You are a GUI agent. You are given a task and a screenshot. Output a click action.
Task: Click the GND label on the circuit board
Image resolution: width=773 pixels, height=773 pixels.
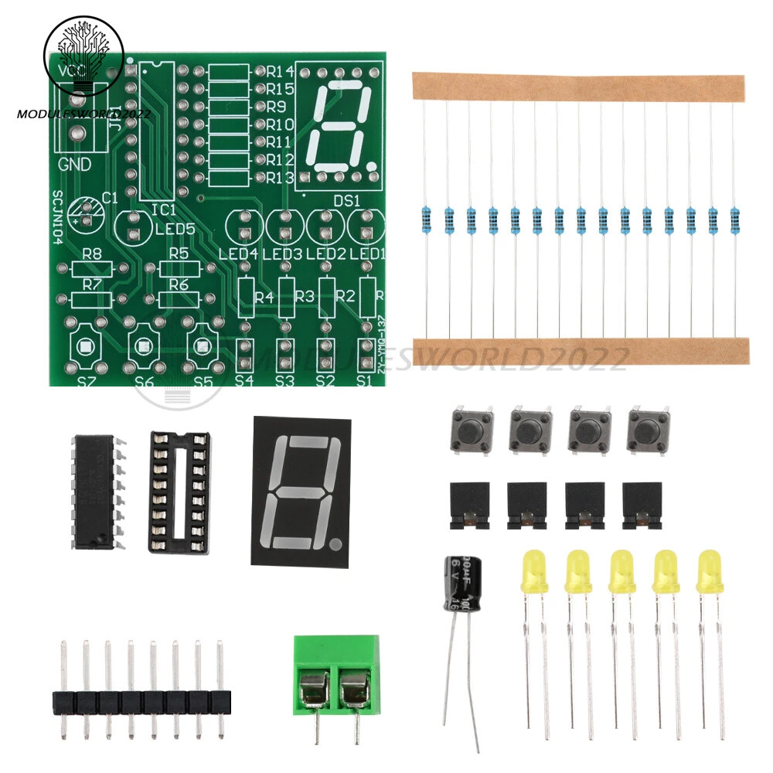click(x=75, y=165)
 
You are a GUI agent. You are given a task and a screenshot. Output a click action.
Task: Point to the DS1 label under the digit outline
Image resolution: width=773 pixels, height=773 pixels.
click(x=347, y=199)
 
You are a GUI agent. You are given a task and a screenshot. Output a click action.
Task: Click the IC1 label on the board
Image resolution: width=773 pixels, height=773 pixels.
click(x=164, y=209)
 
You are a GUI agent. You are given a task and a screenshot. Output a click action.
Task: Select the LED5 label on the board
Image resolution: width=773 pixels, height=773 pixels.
click(x=174, y=230)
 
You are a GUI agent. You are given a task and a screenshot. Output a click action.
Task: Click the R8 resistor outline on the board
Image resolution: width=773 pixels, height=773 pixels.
click(x=92, y=269)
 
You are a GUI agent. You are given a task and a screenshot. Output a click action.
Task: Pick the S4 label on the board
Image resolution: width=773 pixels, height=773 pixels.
click(x=244, y=380)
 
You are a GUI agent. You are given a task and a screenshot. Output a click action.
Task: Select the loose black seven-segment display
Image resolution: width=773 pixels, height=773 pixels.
click(x=301, y=491)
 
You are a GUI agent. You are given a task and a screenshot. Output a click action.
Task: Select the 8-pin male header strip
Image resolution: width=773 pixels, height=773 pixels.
click(x=142, y=700)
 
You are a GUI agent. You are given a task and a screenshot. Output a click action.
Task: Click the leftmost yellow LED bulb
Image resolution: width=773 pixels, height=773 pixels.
click(x=533, y=571)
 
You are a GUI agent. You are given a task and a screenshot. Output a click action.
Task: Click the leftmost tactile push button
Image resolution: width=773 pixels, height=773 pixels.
click(x=470, y=431)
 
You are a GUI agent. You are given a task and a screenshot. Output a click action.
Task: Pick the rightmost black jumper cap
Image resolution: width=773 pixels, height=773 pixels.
click(x=642, y=507)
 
